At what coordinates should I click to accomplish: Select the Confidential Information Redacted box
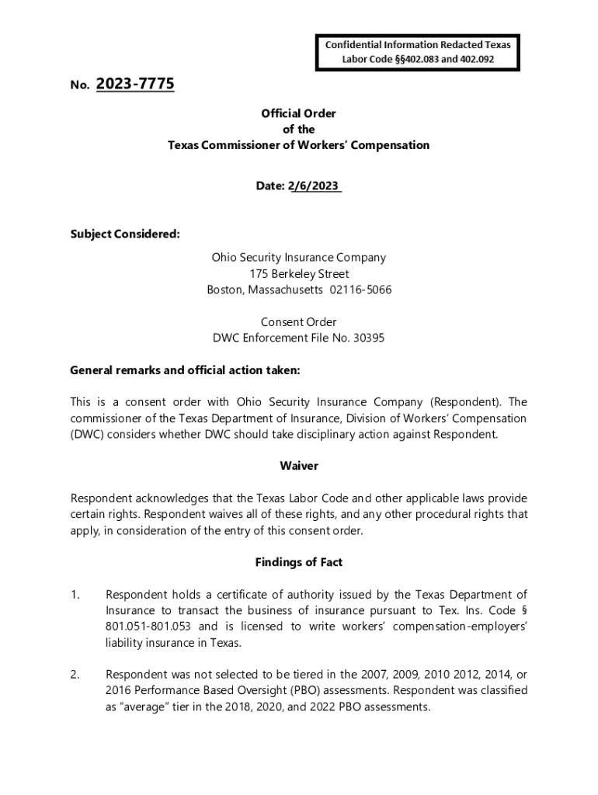(x=419, y=51)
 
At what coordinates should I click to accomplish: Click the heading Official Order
(x=298, y=113)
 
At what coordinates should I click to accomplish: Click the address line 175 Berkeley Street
(x=299, y=273)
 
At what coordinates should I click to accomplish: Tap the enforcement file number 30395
(x=367, y=338)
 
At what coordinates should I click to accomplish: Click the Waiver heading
(x=299, y=466)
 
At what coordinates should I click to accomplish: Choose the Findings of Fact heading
(x=298, y=562)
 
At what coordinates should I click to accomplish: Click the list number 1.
(x=75, y=595)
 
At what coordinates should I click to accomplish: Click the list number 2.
(x=75, y=675)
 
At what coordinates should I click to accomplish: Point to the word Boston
(x=224, y=290)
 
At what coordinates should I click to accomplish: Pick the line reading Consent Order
(x=298, y=321)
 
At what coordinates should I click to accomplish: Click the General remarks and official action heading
(x=185, y=370)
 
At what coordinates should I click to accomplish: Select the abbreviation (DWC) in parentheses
(x=89, y=434)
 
